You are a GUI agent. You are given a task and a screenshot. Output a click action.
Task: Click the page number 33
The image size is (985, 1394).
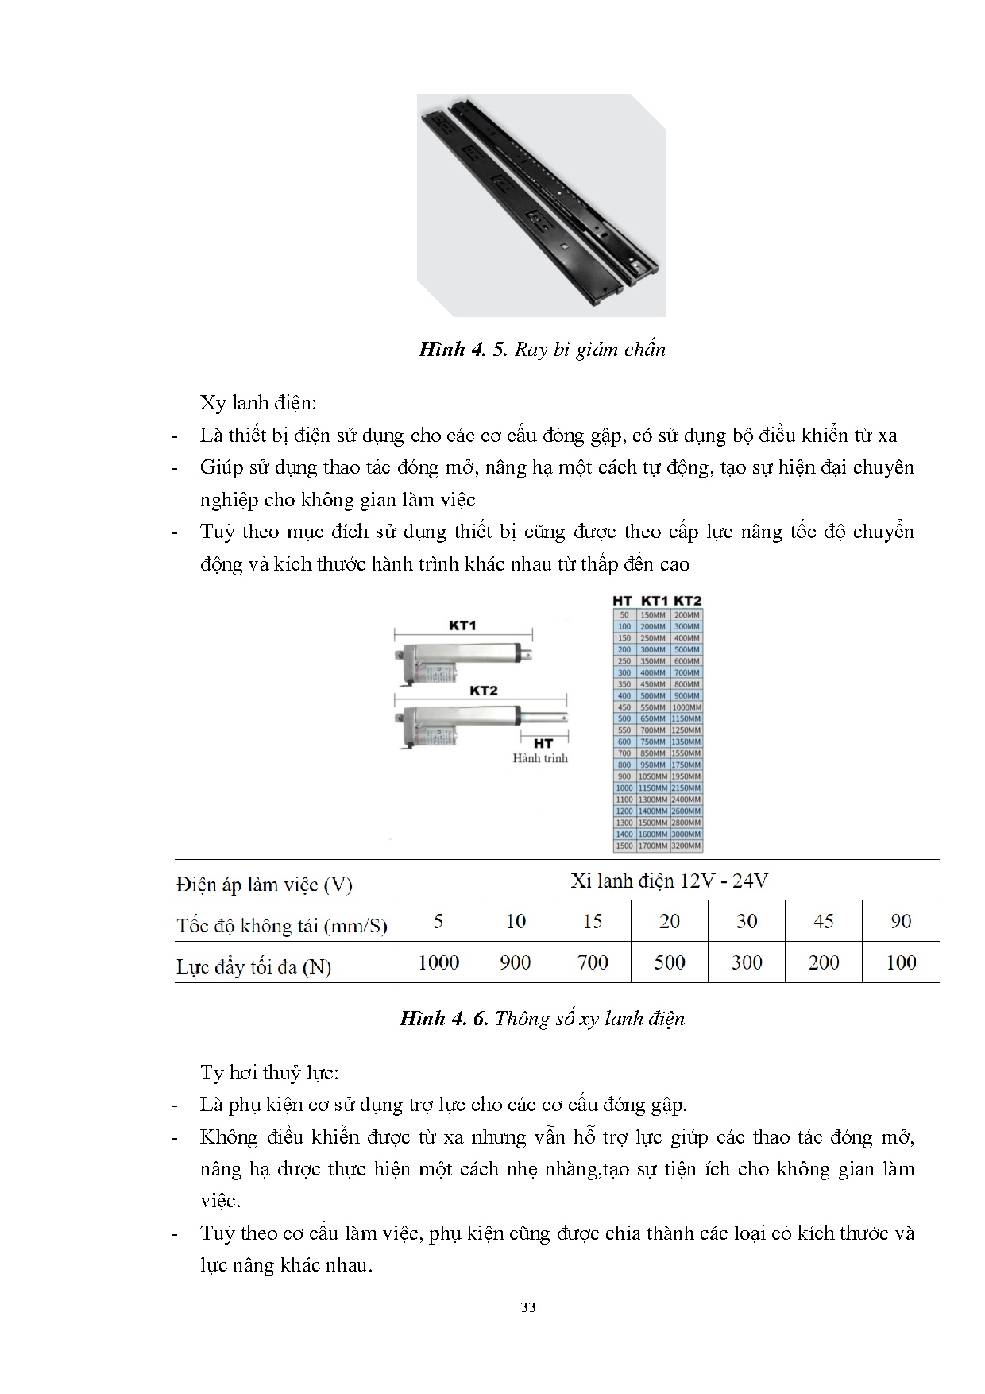pyautogui.click(x=528, y=1307)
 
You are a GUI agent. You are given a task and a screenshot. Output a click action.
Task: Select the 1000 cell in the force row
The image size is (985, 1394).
pyautogui.click(x=438, y=962)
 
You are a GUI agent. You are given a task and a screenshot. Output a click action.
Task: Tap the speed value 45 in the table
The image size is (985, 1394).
pyautogui.click(x=823, y=921)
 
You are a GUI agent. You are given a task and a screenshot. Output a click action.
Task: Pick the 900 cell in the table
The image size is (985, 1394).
pyautogui.click(x=515, y=962)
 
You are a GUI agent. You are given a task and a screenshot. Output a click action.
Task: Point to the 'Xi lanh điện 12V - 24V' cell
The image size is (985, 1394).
pyautogui.click(x=669, y=881)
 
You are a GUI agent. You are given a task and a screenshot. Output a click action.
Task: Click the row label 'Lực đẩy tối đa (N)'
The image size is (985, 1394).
pyautogui.click(x=253, y=966)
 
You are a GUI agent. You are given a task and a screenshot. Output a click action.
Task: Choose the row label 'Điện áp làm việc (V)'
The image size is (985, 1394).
pyautogui.click(x=265, y=885)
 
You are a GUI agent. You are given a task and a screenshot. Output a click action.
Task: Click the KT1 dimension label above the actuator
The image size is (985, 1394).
pyautogui.click(x=462, y=625)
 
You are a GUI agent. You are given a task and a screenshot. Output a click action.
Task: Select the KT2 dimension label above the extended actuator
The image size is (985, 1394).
pyautogui.click(x=483, y=691)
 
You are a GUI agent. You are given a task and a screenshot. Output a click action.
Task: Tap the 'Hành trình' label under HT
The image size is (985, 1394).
pyautogui.click(x=540, y=758)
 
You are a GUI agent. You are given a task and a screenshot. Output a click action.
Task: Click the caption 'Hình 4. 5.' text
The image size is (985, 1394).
pyautogui.click(x=463, y=350)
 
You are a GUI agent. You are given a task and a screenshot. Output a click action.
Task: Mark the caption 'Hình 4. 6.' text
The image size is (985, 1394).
pyautogui.click(x=444, y=1019)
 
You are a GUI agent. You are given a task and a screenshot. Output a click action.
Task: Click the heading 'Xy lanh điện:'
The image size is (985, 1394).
pyautogui.click(x=258, y=403)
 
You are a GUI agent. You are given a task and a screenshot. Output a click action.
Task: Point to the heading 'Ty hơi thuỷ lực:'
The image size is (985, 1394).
pyautogui.click(x=269, y=1072)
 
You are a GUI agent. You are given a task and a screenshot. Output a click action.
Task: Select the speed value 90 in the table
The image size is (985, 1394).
pyautogui.click(x=900, y=921)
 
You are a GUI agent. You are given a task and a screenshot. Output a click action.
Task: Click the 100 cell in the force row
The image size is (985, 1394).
pyautogui.click(x=900, y=962)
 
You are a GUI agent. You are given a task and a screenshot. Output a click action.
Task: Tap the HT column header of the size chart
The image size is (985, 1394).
pyautogui.click(x=622, y=602)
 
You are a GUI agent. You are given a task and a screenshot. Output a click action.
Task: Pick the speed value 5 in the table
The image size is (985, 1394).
pyautogui.click(x=438, y=921)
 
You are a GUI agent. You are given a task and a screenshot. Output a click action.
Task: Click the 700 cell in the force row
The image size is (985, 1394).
pyautogui.click(x=592, y=962)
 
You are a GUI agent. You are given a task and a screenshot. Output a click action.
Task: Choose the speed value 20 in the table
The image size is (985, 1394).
pyautogui.click(x=669, y=921)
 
